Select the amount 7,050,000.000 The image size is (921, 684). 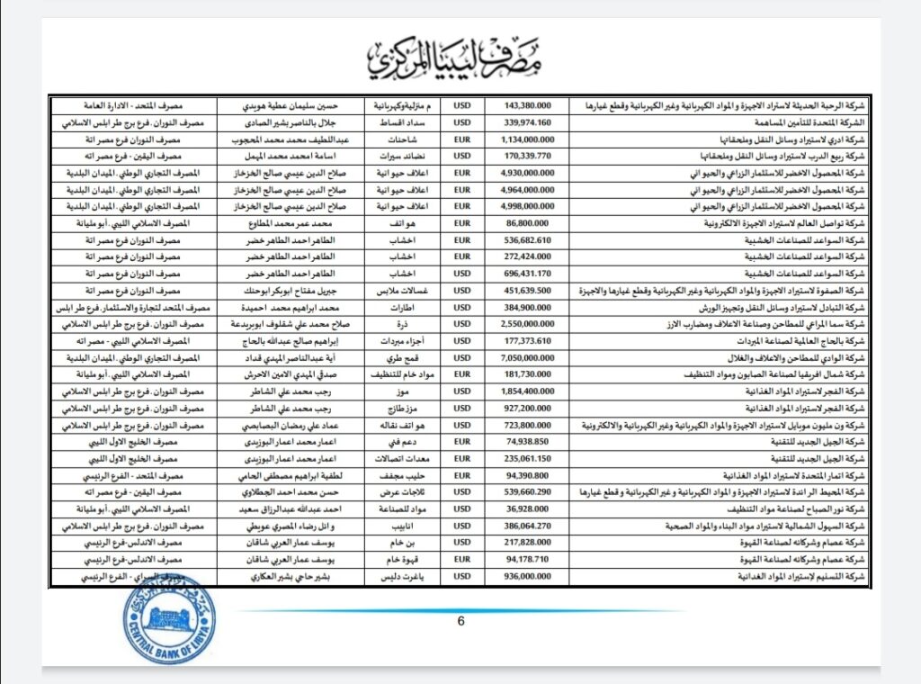pyautogui.click(x=526, y=357)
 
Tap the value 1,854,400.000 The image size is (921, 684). pyautogui.click(x=526, y=391)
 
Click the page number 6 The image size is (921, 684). pyautogui.click(x=460, y=619)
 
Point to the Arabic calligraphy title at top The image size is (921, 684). pyautogui.click(x=459, y=57)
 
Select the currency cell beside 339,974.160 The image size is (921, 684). pyautogui.click(x=463, y=123)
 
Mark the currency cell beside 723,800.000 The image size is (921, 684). pyautogui.click(x=463, y=424)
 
